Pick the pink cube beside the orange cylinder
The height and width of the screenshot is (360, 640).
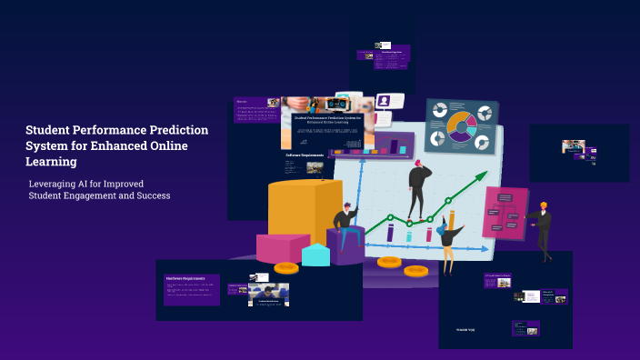(x=283, y=247)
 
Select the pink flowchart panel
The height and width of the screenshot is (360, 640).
(x=504, y=213)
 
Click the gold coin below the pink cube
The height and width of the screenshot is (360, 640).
(x=286, y=268)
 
